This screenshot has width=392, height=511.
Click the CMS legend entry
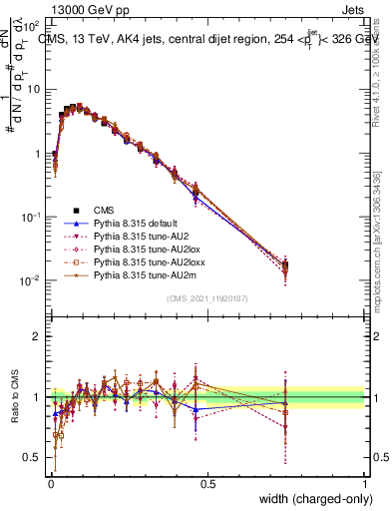[x=104, y=210]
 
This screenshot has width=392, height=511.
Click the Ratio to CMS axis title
[x=13, y=397]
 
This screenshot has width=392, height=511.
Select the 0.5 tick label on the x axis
[x=206, y=483]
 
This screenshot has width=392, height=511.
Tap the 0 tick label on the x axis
[x=50, y=483]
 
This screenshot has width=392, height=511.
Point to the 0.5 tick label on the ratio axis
[x=31, y=458]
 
